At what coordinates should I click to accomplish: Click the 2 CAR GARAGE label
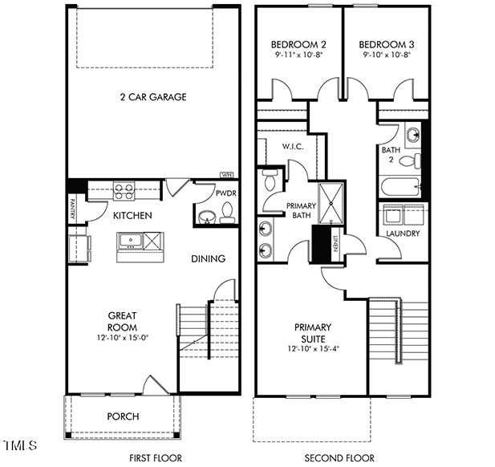pos(152,97)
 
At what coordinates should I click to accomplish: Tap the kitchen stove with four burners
pos(124,191)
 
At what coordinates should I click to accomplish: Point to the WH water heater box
pos(226,175)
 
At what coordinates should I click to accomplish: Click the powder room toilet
pos(227,213)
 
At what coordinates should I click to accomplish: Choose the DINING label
pos(208,258)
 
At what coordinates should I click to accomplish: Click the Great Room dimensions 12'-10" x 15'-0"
pos(122,338)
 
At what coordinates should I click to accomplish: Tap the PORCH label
pos(123,416)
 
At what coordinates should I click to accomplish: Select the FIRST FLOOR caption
pos(153,457)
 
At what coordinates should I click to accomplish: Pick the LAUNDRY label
pos(403,233)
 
